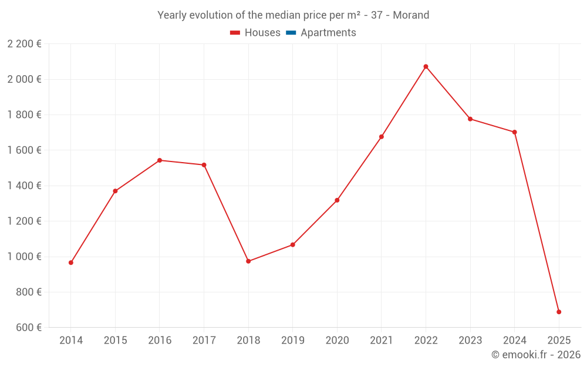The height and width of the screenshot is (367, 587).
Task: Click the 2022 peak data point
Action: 426,66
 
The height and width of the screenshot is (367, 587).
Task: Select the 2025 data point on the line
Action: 559,312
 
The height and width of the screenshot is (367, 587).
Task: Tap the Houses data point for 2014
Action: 71,262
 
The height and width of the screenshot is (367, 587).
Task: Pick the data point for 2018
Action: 248,261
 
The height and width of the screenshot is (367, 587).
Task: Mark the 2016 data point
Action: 160,160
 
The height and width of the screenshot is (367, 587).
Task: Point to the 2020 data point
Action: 337,200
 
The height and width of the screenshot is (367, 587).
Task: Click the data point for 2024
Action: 514,132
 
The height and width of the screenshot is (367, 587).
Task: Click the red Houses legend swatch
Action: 235,33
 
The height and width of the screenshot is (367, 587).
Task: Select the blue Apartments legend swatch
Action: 291,33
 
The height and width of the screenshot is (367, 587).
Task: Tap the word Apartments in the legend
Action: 328,33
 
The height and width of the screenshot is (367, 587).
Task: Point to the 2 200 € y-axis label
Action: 24,44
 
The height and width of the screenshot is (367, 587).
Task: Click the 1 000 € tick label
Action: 24,257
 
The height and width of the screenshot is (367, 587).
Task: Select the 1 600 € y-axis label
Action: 24,150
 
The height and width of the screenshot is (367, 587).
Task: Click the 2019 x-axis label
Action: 292,341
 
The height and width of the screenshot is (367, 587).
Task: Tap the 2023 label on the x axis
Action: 470,341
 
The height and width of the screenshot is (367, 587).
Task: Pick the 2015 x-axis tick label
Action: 115,341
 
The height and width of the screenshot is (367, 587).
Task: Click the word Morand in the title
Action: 411,15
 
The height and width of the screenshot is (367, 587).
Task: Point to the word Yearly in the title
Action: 171,15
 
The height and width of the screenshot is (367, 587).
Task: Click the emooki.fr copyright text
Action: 536,355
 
